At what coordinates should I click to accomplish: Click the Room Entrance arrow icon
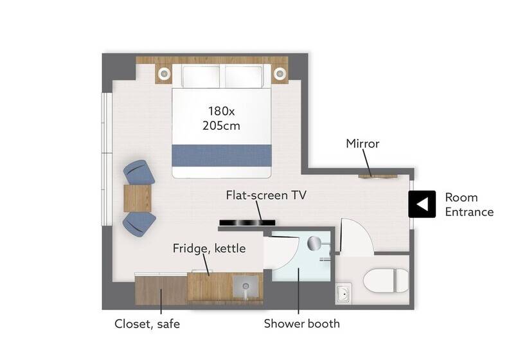click(422, 204)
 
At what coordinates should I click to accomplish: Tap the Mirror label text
click(362, 143)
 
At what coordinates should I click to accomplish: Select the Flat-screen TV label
click(266, 195)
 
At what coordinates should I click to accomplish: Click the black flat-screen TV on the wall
click(247, 222)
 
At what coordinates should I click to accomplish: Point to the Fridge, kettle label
click(209, 248)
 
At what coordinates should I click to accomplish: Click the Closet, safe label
click(147, 324)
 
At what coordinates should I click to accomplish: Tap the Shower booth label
click(301, 323)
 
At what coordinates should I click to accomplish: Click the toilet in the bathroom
click(386, 280)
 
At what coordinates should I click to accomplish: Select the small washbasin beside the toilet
click(343, 293)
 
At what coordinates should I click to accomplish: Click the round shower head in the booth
click(314, 243)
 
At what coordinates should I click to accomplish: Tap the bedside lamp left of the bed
click(165, 73)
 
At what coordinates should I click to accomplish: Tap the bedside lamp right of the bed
click(280, 73)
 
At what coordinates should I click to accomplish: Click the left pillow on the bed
click(201, 76)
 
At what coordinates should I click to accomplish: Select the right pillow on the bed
click(244, 76)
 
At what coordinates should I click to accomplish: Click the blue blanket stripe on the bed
click(222, 156)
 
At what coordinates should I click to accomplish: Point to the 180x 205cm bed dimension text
click(221, 118)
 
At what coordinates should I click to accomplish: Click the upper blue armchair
click(139, 172)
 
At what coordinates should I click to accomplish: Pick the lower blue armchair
click(139, 224)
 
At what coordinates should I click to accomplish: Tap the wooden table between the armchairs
click(138, 198)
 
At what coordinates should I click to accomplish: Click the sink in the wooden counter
click(246, 287)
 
